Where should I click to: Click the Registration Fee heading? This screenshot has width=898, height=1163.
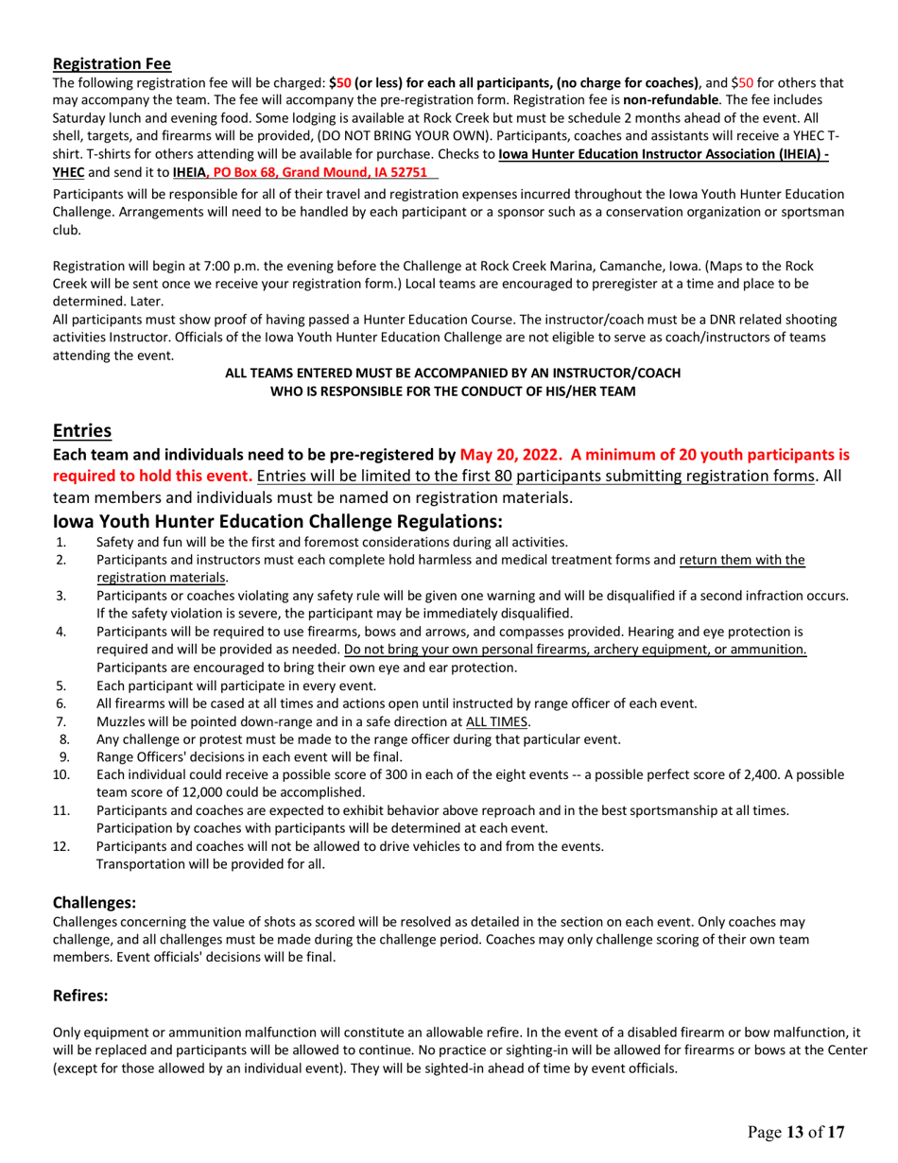[x=112, y=64]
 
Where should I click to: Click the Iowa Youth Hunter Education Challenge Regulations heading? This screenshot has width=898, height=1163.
[x=277, y=521]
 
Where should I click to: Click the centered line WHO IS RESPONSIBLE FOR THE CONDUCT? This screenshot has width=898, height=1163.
[x=453, y=391]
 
